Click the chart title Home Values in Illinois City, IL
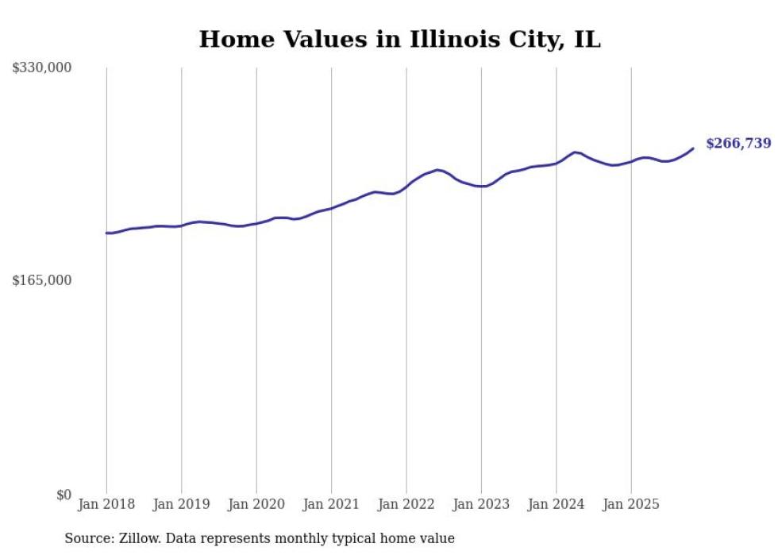pyautogui.click(x=399, y=39)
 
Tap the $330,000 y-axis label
pyautogui.click(x=42, y=68)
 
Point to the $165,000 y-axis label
pyautogui.click(x=42, y=280)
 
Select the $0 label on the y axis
pyautogui.click(x=64, y=495)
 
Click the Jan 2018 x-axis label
pyautogui.click(x=106, y=504)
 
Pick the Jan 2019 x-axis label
pyautogui.click(x=181, y=504)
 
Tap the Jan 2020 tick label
pyautogui.click(x=256, y=504)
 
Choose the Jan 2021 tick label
pyautogui.click(x=331, y=504)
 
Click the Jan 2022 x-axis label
pyautogui.click(x=406, y=504)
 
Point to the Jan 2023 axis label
pyautogui.click(x=481, y=504)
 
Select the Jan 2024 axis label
pyautogui.click(x=557, y=504)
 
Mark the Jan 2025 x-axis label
pyautogui.click(x=631, y=504)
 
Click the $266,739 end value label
pyautogui.click(x=738, y=144)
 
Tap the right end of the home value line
pyautogui.click(x=693, y=148)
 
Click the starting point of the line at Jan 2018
pyautogui.click(x=106, y=233)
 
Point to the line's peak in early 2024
pyautogui.click(x=575, y=152)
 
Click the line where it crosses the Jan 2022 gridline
pyautogui.click(x=406, y=187)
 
